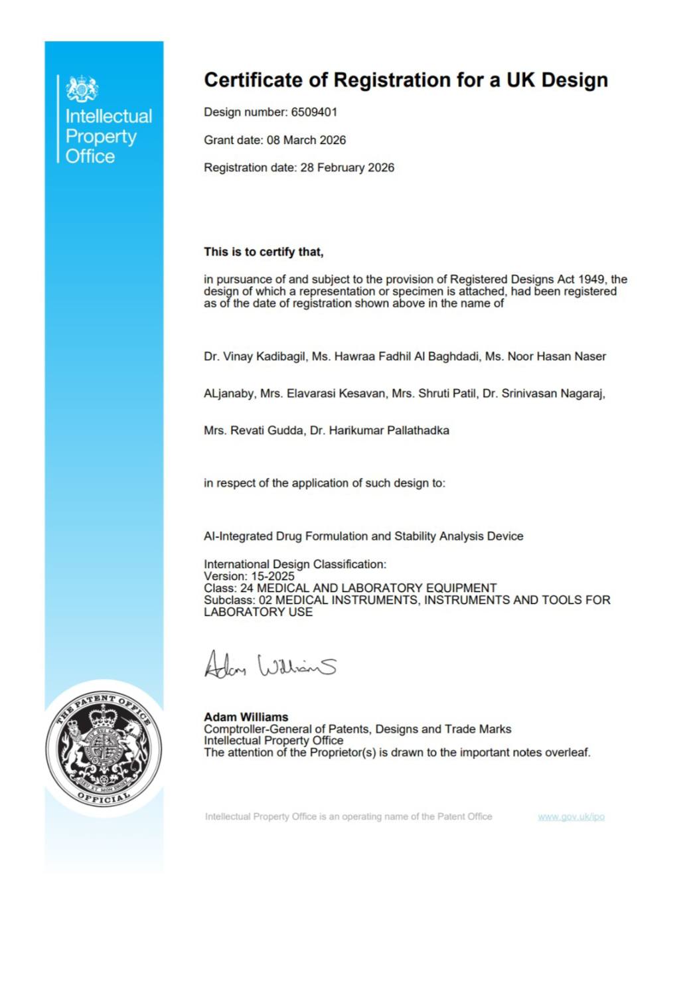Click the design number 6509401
click(x=314, y=112)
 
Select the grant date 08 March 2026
click(x=306, y=140)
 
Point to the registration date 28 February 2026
click(x=347, y=168)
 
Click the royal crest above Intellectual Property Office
click(x=82, y=88)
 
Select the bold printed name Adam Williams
click(x=246, y=717)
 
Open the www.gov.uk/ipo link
click(x=571, y=817)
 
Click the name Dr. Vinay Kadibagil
click(x=255, y=356)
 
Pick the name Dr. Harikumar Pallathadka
click(x=379, y=431)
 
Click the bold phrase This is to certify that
click(x=264, y=252)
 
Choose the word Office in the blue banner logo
click(x=90, y=157)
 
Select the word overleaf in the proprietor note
click(x=566, y=753)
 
